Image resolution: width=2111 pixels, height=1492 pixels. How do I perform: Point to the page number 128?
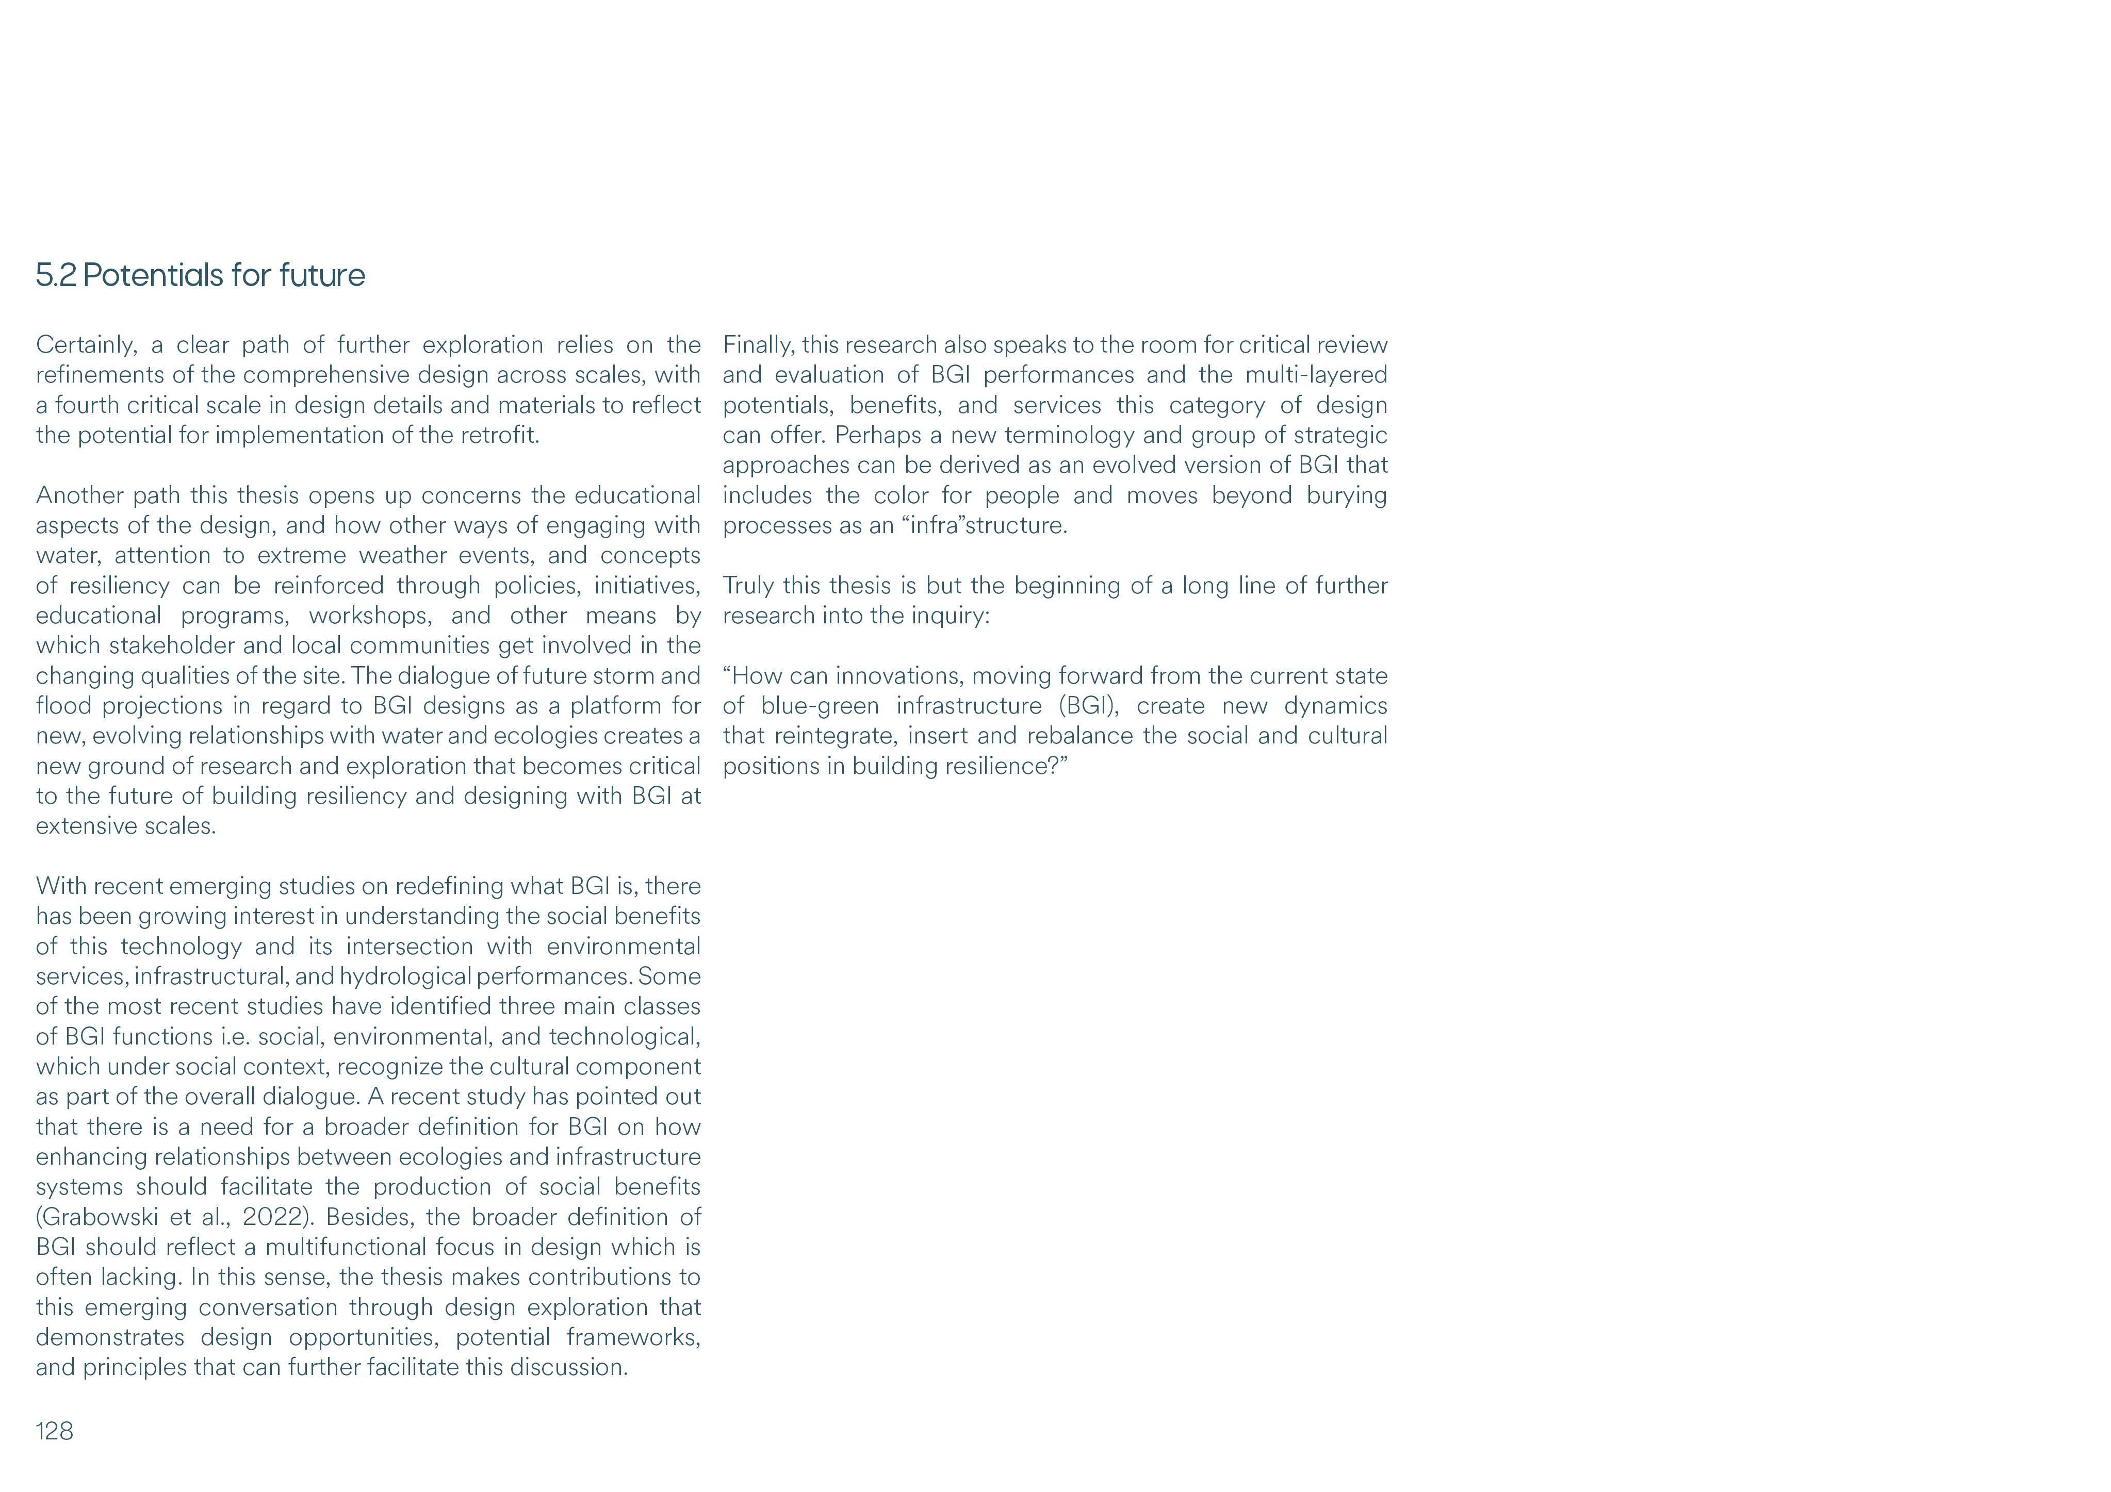click(54, 1431)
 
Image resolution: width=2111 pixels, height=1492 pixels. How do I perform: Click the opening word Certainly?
click(87, 345)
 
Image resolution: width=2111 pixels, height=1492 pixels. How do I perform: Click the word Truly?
click(747, 586)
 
